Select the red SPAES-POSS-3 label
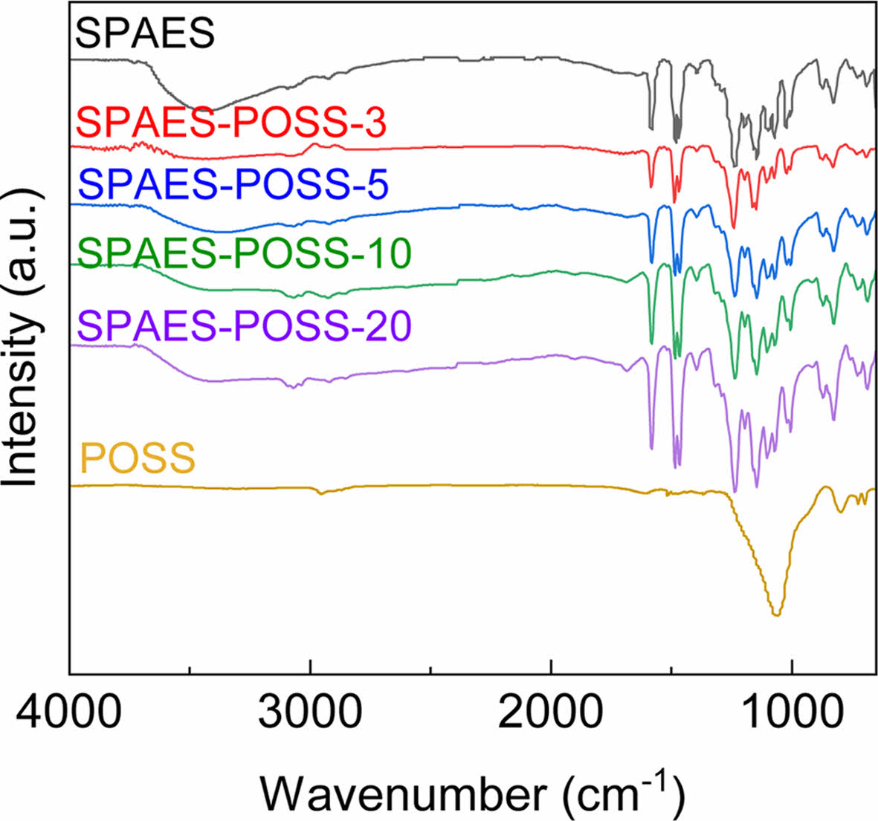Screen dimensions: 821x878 tap(232, 123)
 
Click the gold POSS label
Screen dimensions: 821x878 tap(138, 458)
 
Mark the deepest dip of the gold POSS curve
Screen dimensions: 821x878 tap(777, 614)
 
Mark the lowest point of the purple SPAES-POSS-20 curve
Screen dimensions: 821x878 tap(735, 491)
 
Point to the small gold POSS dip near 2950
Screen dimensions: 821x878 tap(320, 493)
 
